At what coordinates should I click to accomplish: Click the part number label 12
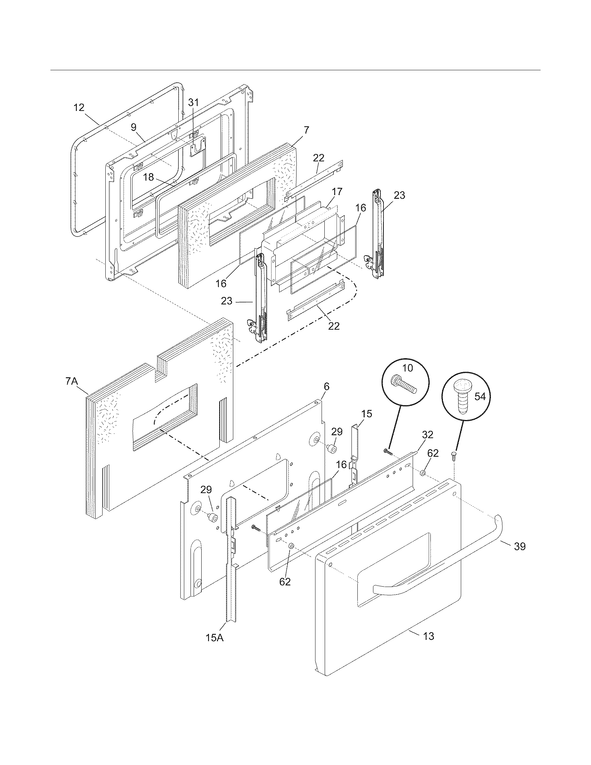click(x=79, y=107)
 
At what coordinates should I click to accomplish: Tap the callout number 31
click(x=193, y=102)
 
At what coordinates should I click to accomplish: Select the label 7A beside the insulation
click(x=71, y=381)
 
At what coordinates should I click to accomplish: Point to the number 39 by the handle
click(x=520, y=546)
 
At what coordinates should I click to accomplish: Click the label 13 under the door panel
click(x=429, y=636)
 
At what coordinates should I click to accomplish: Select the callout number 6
click(x=326, y=387)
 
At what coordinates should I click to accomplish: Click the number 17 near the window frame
click(x=337, y=192)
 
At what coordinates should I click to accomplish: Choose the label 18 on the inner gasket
click(x=148, y=177)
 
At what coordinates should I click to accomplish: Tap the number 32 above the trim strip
click(x=428, y=435)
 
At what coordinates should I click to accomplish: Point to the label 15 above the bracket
click(x=366, y=414)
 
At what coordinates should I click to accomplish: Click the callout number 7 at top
click(x=306, y=130)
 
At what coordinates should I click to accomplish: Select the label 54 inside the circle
click(x=480, y=396)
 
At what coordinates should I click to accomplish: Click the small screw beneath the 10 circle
click(x=387, y=452)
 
